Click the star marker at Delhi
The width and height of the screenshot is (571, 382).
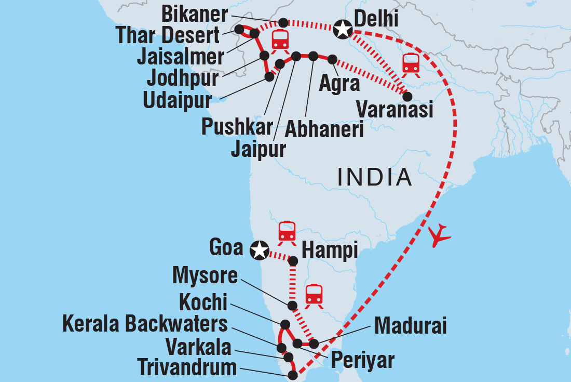pyautogui.click(x=343, y=30)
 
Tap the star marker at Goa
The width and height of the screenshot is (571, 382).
pyautogui.click(x=259, y=251)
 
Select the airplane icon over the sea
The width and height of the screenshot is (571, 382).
pyautogui.click(x=440, y=235)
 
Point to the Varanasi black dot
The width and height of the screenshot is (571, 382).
pyautogui.click(x=407, y=96)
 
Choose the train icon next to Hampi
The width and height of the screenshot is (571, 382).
pyautogui.click(x=287, y=232)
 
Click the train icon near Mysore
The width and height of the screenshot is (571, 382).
pyautogui.click(x=314, y=295)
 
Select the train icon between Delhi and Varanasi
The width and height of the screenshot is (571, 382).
pyautogui.click(x=411, y=63)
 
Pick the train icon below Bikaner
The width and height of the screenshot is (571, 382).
pyautogui.click(x=280, y=39)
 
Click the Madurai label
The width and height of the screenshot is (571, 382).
pyautogui.click(x=410, y=327)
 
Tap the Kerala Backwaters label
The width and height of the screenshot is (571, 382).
pyautogui.click(x=145, y=324)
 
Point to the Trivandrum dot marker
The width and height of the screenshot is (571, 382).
pyautogui.click(x=293, y=375)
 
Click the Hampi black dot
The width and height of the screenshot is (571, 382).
pyautogui.click(x=293, y=260)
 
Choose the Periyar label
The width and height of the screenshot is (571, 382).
pyautogui.click(x=362, y=359)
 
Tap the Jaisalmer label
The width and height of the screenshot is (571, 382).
pyautogui.click(x=180, y=57)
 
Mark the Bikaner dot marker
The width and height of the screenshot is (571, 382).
pyautogui.click(x=283, y=22)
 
